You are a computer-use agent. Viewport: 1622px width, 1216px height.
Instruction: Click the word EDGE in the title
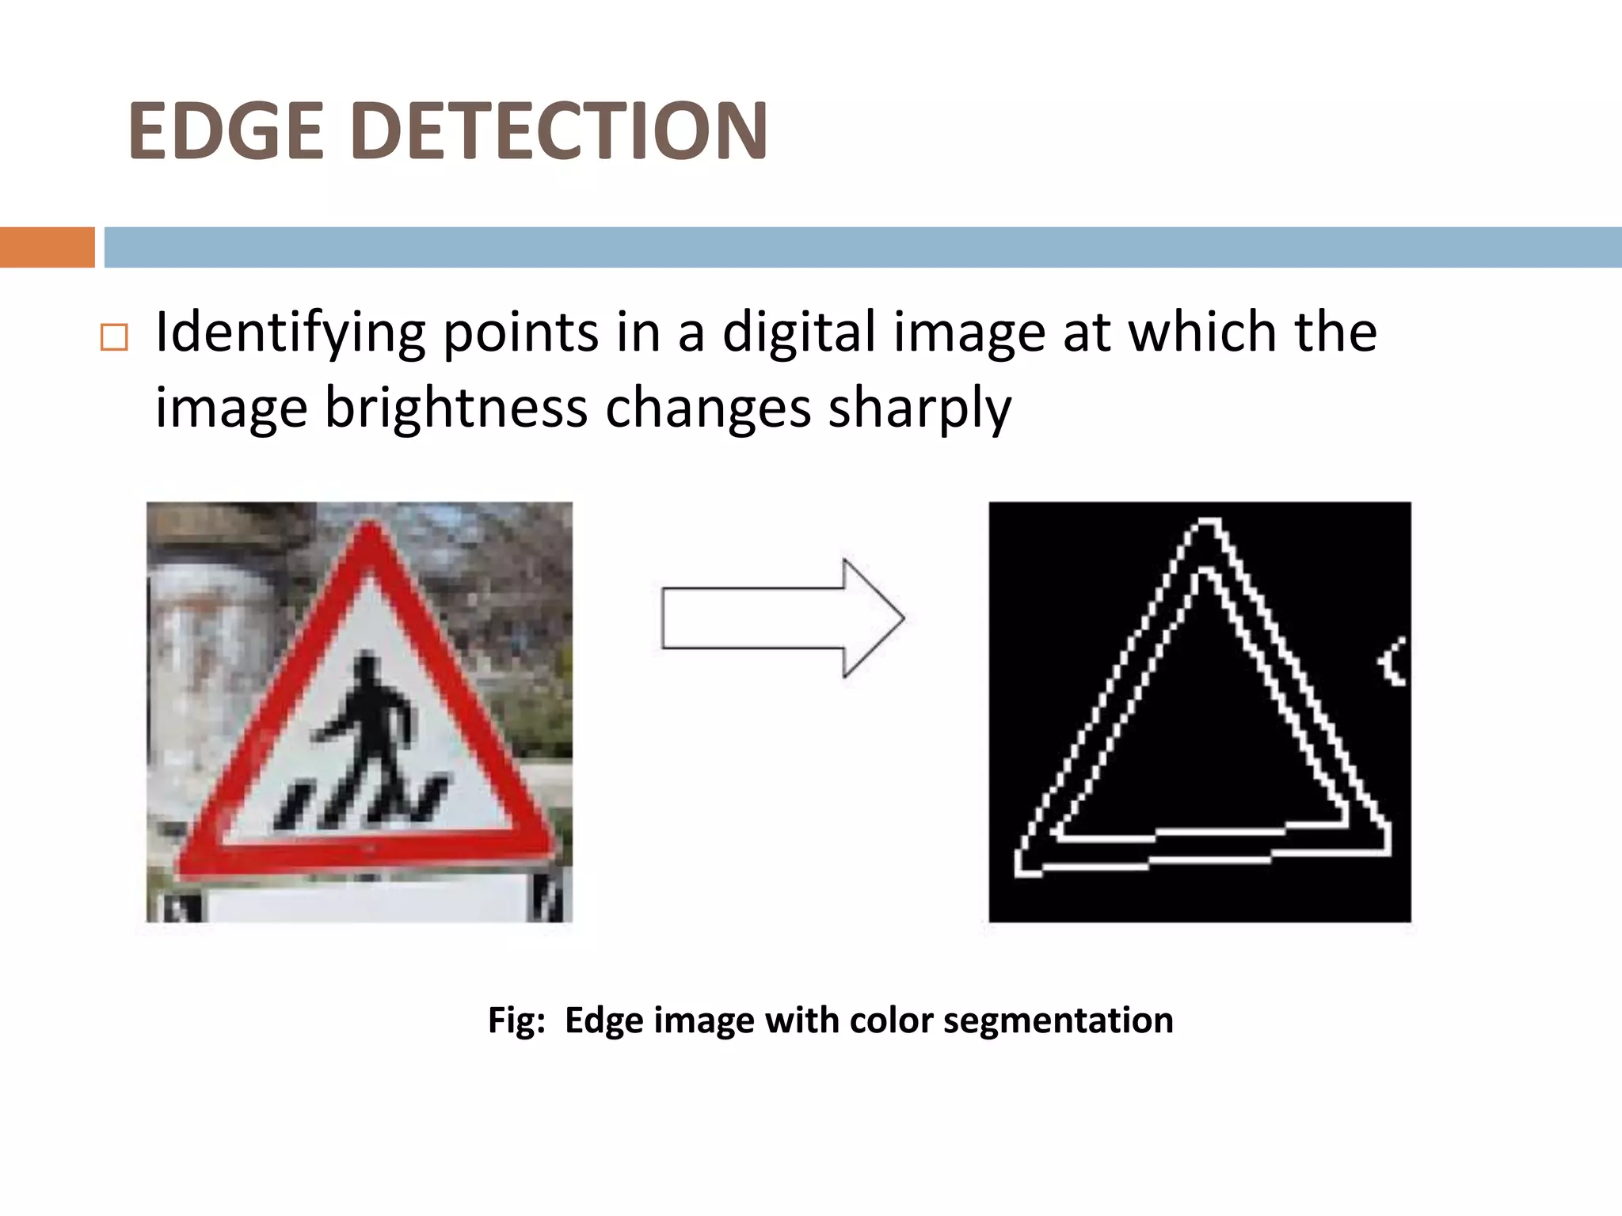coord(227,131)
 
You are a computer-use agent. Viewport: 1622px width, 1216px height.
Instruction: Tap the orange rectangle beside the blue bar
coord(47,247)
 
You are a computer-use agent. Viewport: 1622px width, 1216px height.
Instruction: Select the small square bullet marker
coord(114,338)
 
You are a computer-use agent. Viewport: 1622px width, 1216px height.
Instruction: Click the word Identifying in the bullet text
coord(290,332)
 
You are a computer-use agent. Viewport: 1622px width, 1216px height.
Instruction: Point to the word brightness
coord(456,408)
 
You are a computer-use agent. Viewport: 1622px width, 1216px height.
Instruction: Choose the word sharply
coord(920,408)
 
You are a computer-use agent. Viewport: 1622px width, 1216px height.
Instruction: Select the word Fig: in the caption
coord(516,1020)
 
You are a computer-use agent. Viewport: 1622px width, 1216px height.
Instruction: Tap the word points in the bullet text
coord(520,332)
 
